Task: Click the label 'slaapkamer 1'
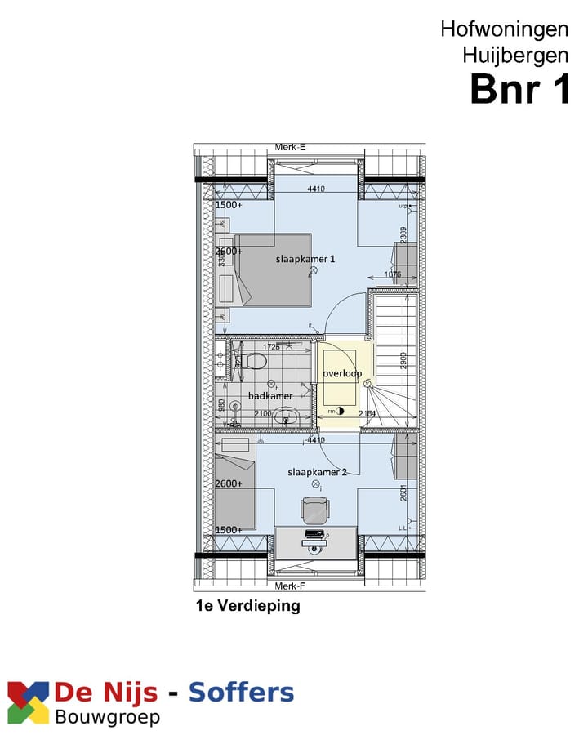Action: [x=305, y=258]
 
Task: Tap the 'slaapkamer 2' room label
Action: [x=318, y=472]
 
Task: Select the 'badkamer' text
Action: [x=270, y=396]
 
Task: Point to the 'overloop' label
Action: [x=341, y=373]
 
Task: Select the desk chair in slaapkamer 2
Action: [x=314, y=510]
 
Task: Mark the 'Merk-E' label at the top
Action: [x=290, y=147]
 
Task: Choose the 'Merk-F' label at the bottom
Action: [x=290, y=586]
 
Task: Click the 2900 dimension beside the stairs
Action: [x=403, y=359]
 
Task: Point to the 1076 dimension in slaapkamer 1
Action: [x=393, y=275]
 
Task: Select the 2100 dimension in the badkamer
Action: [x=263, y=415]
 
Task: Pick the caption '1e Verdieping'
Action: [x=247, y=606]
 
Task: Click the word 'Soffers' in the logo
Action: [x=241, y=693]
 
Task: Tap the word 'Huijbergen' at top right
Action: [x=515, y=56]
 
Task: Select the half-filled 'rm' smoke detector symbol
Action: [x=340, y=412]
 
